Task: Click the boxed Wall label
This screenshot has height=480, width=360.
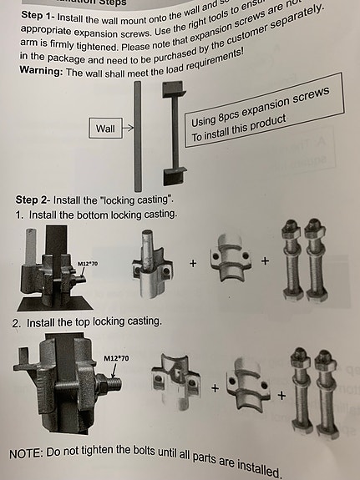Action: coord(104,129)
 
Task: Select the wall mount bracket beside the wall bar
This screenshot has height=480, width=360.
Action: coord(172,139)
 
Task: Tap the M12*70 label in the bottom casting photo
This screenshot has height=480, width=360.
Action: coord(88,264)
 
